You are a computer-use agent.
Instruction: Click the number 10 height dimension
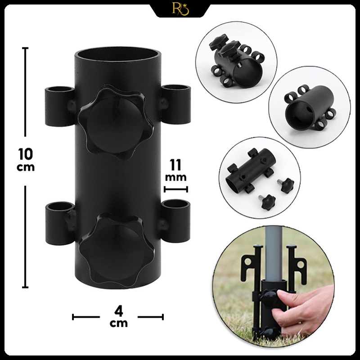point(26,154)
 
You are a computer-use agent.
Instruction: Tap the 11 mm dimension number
point(175,165)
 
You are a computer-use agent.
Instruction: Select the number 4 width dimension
point(118,311)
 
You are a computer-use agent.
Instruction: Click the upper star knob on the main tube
point(115,122)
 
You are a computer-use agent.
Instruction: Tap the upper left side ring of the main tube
point(60,106)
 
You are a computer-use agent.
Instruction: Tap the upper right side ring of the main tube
point(176,104)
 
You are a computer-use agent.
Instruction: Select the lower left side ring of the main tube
point(60,223)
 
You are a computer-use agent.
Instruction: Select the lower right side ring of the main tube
point(176,221)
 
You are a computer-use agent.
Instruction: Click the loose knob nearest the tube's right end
point(286,184)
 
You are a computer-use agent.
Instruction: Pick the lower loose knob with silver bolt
point(267,202)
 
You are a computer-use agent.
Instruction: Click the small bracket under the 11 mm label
point(176,189)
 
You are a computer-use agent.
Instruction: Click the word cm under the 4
point(119,323)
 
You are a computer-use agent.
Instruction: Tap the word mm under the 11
point(175,177)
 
